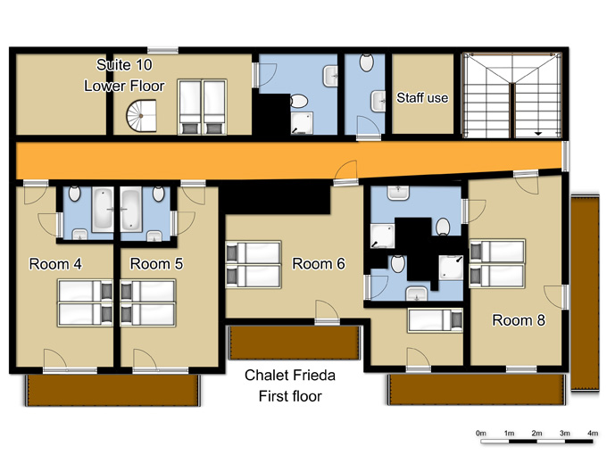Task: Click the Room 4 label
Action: pyautogui.click(x=55, y=264)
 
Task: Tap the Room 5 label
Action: pyautogui.click(x=156, y=264)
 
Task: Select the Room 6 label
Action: pyautogui.click(x=318, y=264)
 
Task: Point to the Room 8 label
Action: pyautogui.click(x=519, y=320)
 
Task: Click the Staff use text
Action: pyautogui.click(x=422, y=98)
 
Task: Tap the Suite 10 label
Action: pyautogui.click(x=124, y=65)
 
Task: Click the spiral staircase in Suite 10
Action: pyautogui.click(x=141, y=116)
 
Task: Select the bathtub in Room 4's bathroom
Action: pyautogui.click(x=102, y=209)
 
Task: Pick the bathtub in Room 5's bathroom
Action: pyautogui.click(x=131, y=209)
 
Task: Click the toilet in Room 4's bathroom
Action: pyautogui.click(x=74, y=194)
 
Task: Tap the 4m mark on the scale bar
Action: pyautogui.click(x=593, y=433)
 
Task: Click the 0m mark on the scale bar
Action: pyautogui.click(x=481, y=433)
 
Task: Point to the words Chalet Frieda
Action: pyautogui.click(x=290, y=375)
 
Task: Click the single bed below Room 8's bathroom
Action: pyautogui.click(x=435, y=320)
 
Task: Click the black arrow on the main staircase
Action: pyautogui.click(x=538, y=134)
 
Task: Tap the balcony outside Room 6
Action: pyautogui.click(x=295, y=343)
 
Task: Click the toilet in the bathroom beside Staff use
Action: pyautogui.click(x=366, y=62)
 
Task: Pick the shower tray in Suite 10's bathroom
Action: pyautogui.click(x=302, y=123)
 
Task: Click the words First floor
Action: pyautogui.click(x=290, y=396)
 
